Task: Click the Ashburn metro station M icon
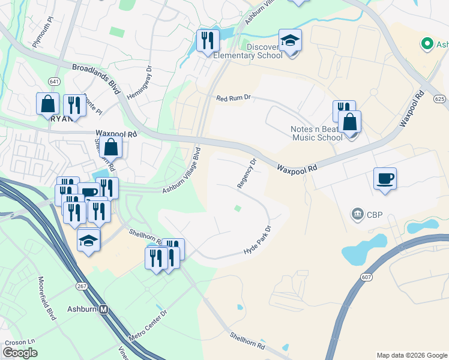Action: pos(104,310)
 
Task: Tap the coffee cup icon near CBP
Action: pos(385,178)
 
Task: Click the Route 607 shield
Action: pos(366,276)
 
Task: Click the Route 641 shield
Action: pos(55,81)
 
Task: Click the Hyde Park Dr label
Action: pos(258,241)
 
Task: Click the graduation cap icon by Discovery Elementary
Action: pos(290,41)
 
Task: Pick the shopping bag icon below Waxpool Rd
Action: pos(111,146)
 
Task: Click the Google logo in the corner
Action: pos(20,353)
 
